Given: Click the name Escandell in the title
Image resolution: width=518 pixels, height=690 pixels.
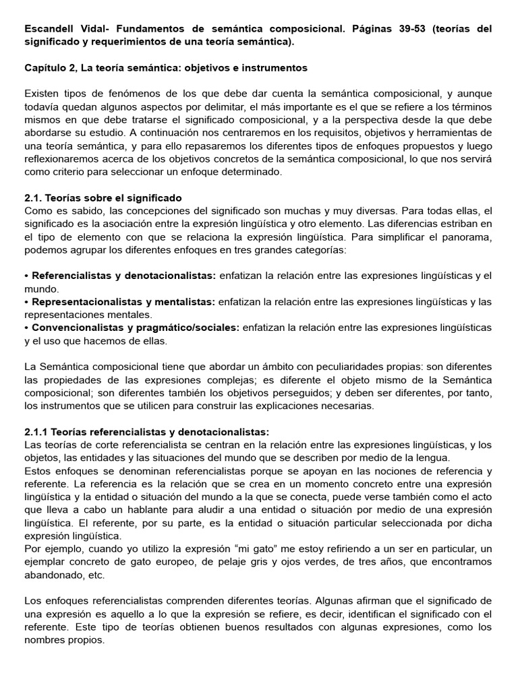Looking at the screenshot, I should pos(49,30).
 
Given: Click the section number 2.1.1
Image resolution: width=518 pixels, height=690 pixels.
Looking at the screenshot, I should pos(38,432).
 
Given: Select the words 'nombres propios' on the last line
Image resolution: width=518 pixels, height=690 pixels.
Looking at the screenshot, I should pos(64,640).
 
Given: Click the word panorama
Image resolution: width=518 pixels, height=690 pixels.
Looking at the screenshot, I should pos(465,237).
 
